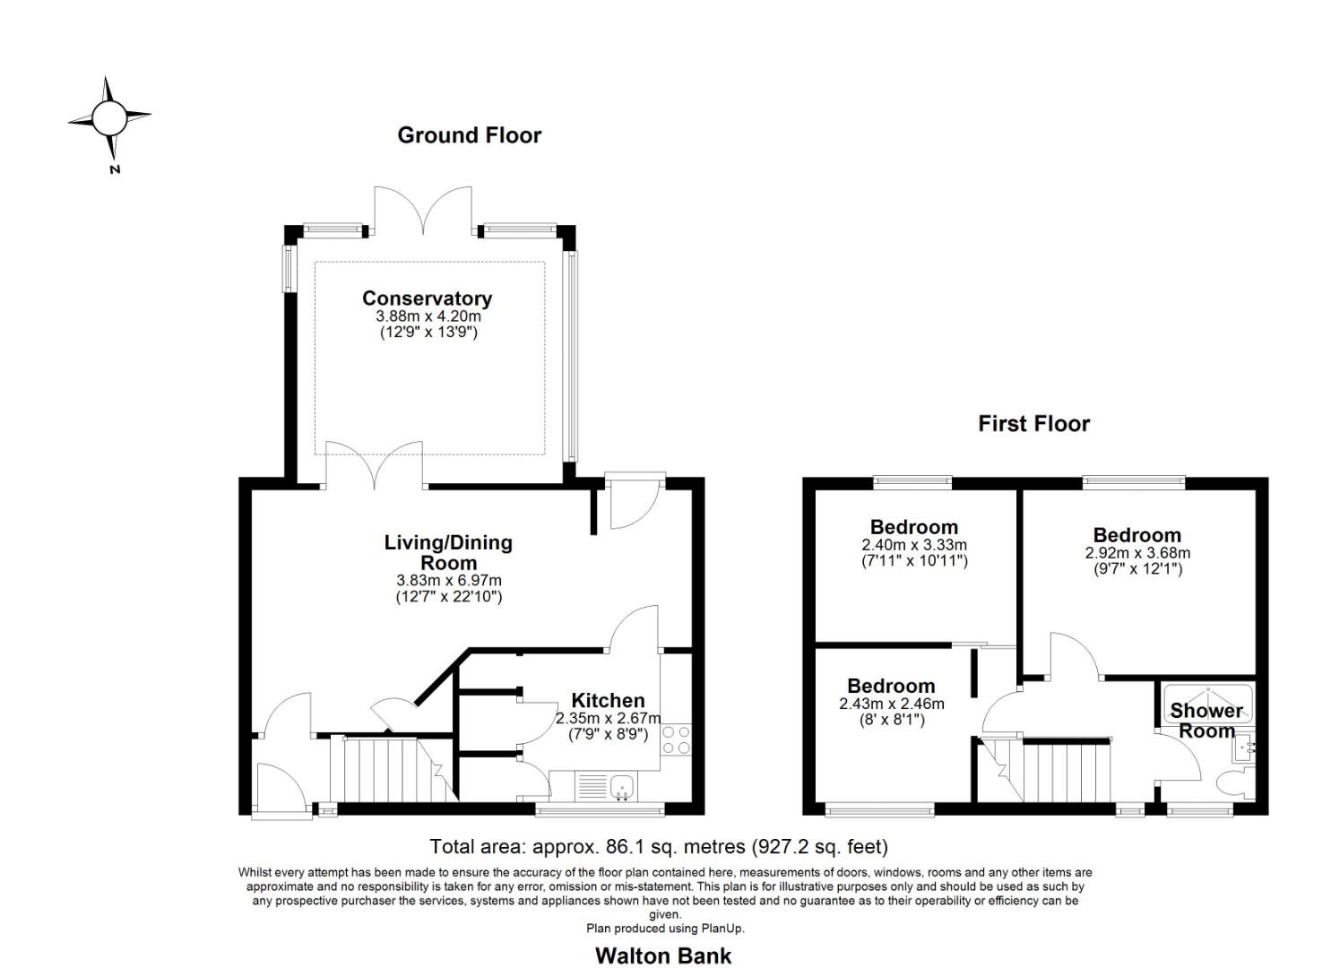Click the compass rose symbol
coord(109,117)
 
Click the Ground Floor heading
coord(469,135)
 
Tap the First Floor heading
coord(1033,423)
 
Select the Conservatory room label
coord(427,298)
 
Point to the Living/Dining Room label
coord(448,552)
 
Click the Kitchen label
coord(608,700)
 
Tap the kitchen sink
coord(621,788)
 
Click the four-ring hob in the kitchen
coord(676,739)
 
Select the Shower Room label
coord(1206,720)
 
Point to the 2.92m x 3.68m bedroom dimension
coord(1137,553)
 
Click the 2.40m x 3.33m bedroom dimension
coord(914,545)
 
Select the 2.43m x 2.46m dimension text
coord(891,704)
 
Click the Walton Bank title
coord(663,955)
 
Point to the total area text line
coord(659,846)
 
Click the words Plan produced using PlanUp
coord(665,929)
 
